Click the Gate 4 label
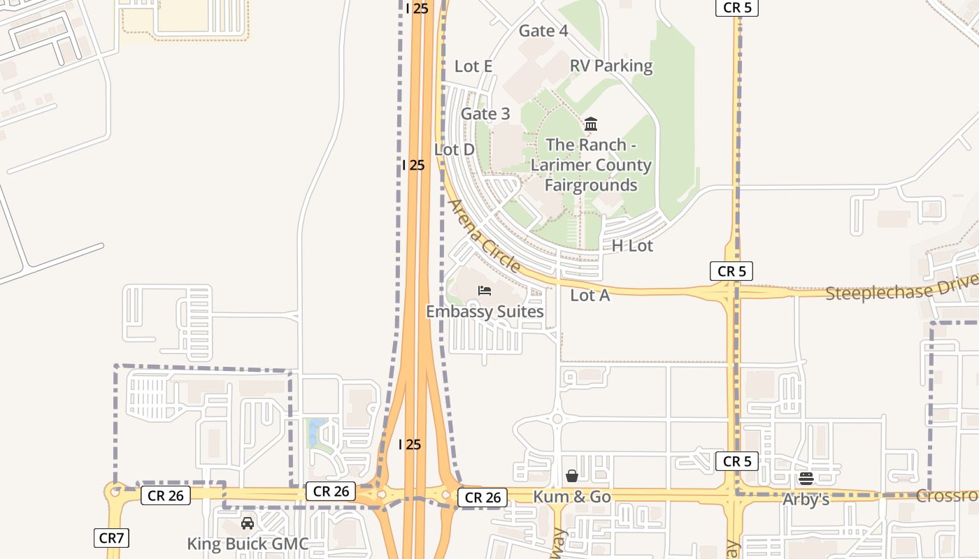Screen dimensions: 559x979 point(543,31)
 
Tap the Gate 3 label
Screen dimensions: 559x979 point(485,114)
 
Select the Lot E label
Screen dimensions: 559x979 point(473,66)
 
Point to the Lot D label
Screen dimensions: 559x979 point(455,150)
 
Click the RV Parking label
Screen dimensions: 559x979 point(611,66)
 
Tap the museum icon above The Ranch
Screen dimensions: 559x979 point(591,124)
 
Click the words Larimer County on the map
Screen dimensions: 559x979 point(591,166)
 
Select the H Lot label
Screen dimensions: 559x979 point(632,245)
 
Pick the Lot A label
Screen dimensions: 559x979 point(590,296)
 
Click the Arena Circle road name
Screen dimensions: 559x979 point(484,235)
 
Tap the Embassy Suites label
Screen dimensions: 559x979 point(485,312)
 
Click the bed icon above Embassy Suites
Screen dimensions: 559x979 point(485,291)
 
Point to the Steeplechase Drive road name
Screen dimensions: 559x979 point(901,288)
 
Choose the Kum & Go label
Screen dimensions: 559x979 point(572,497)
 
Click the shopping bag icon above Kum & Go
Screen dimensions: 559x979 point(572,476)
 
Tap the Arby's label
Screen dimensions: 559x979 point(806,500)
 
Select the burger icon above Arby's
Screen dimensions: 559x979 point(806,479)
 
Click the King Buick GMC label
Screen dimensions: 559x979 point(248,544)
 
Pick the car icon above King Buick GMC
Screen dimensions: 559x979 point(248,523)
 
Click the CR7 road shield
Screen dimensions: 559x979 point(111,538)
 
